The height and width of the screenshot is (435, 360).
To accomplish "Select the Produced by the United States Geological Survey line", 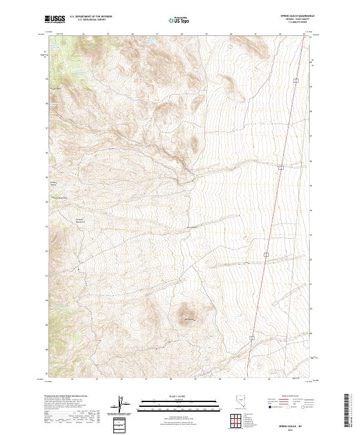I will pyautogui.click(x=68, y=397).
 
